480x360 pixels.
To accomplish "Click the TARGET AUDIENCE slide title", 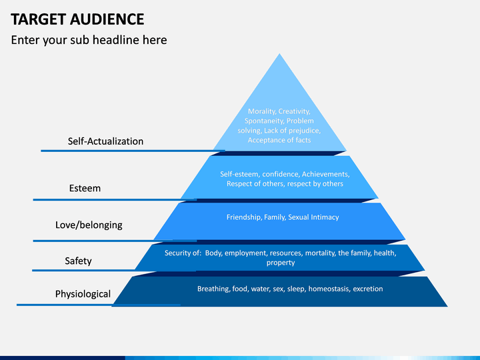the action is tap(77, 19).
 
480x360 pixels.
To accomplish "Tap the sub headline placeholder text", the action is tap(89, 40).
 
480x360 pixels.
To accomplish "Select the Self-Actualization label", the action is tap(105, 141).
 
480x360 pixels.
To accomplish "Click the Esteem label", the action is tap(85, 188).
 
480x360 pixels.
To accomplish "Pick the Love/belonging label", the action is tap(89, 225).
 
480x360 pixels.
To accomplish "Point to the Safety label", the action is tap(78, 261).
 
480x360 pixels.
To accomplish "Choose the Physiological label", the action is tap(83, 294).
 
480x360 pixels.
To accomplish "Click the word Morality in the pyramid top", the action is tap(261, 111).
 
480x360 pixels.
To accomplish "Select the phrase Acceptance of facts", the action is tap(279, 140).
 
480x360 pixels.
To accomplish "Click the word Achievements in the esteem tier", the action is tap(326, 174).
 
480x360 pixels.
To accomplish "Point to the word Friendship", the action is tap(244, 217).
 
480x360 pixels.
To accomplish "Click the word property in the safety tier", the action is tap(281, 263).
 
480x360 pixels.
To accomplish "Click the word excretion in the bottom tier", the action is tap(367, 289).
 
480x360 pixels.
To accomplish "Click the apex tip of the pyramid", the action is tap(279, 54).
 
